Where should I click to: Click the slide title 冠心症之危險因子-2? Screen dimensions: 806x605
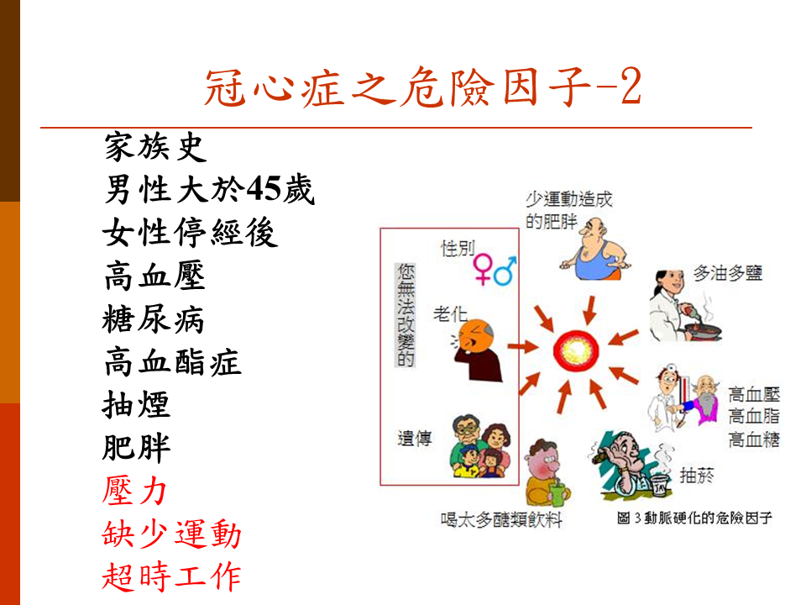pyautogui.click(x=422, y=87)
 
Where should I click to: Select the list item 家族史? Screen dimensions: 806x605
pyautogui.click(x=155, y=146)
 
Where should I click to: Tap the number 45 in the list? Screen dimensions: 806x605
pyautogui.click(x=263, y=189)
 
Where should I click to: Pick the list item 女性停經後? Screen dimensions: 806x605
pyautogui.click(x=191, y=233)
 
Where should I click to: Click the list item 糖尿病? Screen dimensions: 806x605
pyautogui.click(x=153, y=319)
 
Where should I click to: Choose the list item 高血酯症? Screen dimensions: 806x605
pyautogui.click(x=172, y=361)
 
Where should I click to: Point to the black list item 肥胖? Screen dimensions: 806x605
pyautogui.click(x=136, y=448)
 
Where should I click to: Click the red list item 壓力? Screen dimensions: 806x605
pyautogui.click(x=134, y=490)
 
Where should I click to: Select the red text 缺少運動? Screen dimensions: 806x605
pyautogui.click(x=171, y=534)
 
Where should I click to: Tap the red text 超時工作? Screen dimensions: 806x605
pyautogui.click(x=171, y=576)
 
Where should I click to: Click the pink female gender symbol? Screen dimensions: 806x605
pyautogui.click(x=482, y=269)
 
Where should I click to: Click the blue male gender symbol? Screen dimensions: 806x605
pyautogui.click(x=505, y=271)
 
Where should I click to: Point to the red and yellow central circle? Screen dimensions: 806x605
pyautogui.click(x=576, y=351)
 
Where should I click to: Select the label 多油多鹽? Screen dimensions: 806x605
pyautogui.click(x=727, y=272)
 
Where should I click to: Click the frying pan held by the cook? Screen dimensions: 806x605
pyautogui.click(x=701, y=330)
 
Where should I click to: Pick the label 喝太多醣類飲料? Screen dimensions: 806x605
pyautogui.click(x=501, y=519)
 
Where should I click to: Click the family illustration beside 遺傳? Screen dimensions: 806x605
pyautogui.click(x=480, y=445)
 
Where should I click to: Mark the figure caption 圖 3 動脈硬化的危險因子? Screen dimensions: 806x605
pyautogui.click(x=694, y=518)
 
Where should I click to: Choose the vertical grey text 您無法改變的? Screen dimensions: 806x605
pyautogui.click(x=406, y=315)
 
